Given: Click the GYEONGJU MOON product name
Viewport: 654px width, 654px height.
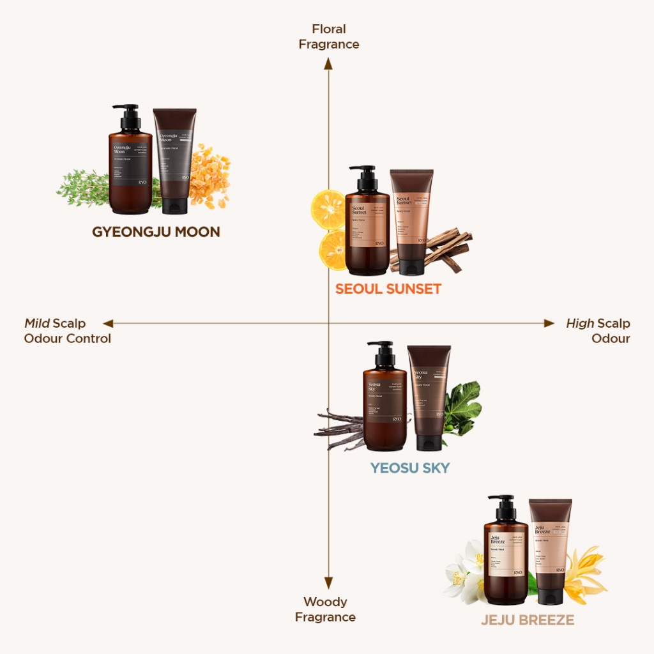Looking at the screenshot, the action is tap(156, 232).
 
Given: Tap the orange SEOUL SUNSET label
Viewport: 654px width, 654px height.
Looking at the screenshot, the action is tap(388, 289).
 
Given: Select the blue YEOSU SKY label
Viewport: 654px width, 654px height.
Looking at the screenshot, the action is tap(410, 468).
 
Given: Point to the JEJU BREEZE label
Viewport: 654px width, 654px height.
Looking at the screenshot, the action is tap(528, 620).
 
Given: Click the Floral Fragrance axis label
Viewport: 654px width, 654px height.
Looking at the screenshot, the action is tap(329, 36).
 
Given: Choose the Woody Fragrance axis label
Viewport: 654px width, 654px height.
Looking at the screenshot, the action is tap(326, 609).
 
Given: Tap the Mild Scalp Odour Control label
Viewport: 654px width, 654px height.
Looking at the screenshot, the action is tap(68, 331).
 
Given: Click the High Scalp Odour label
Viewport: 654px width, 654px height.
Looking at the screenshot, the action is tap(598, 331).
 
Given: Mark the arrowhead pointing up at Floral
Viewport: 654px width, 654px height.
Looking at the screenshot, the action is tap(328, 63).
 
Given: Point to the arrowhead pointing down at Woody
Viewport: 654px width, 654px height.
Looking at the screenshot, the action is tap(328, 582).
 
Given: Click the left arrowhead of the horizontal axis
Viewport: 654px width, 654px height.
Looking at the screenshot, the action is tap(108, 323).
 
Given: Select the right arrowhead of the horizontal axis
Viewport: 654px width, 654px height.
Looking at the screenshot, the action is tap(549, 323).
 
